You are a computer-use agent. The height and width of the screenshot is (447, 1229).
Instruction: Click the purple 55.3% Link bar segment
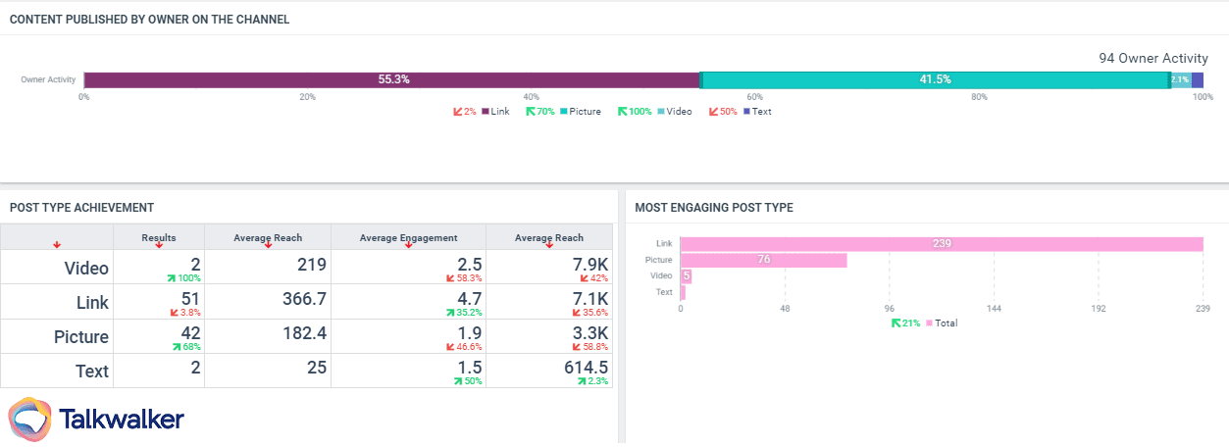392,79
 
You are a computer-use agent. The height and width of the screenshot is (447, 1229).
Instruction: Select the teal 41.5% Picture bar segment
935,79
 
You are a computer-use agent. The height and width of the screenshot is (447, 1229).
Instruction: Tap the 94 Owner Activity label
1153,59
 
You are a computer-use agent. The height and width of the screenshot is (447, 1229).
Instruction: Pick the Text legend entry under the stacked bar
761,112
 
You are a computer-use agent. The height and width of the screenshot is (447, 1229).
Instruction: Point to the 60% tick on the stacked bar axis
754,97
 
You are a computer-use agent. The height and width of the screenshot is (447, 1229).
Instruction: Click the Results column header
159,237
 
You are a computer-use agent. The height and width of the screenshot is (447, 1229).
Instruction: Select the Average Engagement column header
408,237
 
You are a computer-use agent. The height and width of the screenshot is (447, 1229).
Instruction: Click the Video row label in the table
86,268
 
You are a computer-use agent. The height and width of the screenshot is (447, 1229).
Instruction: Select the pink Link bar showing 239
942,244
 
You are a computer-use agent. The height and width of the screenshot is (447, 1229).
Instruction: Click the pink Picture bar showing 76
763,260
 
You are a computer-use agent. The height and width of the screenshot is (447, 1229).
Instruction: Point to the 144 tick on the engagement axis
994,308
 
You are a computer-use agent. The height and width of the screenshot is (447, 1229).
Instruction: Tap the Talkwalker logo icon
29,419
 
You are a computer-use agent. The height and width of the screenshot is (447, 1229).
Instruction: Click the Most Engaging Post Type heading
714,208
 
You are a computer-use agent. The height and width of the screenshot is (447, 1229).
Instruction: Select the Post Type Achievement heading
81,208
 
